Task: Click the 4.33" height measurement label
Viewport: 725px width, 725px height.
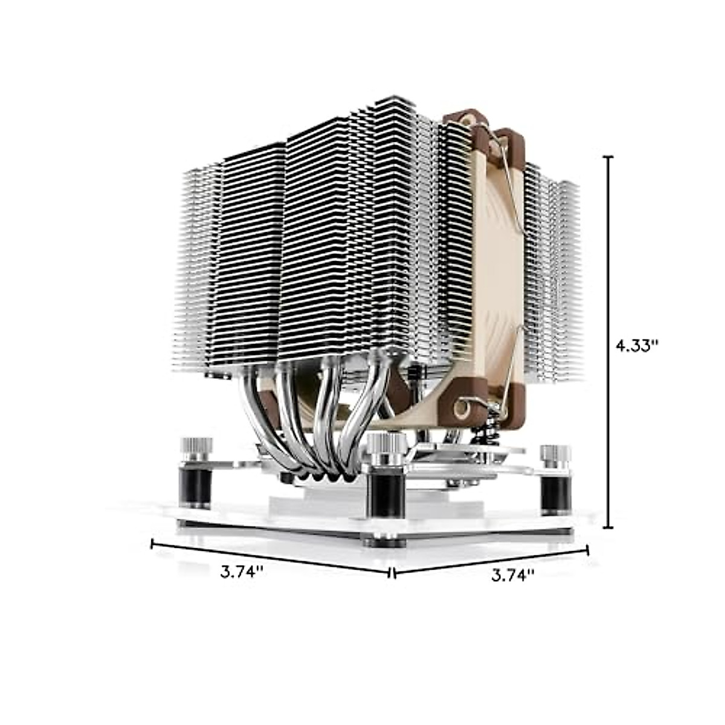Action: click(x=636, y=346)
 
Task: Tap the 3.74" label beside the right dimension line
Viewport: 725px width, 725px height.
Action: click(x=513, y=575)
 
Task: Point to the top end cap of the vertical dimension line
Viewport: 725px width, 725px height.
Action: click(x=608, y=157)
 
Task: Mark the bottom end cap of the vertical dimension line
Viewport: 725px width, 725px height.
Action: click(x=608, y=527)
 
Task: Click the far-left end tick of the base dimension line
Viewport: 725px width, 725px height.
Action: click(x=152, y=544)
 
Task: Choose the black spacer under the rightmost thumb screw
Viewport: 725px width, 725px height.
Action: click(x=555, y=491)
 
